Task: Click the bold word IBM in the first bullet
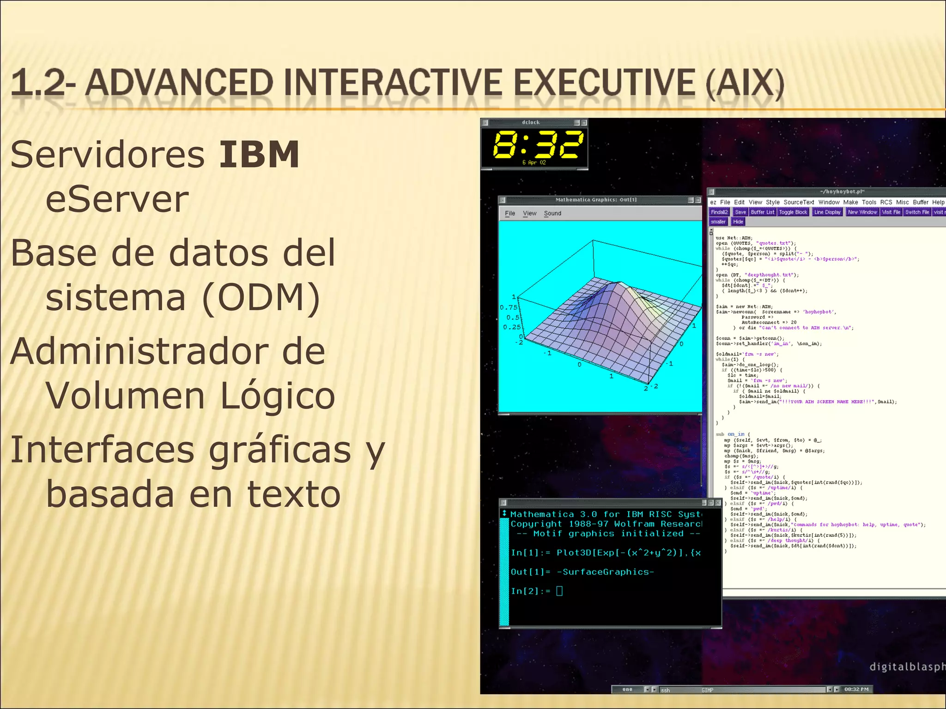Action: [259, 154]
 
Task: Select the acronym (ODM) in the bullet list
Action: [261, 298]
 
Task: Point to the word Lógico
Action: [277, 396]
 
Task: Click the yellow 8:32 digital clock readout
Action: [538, 144]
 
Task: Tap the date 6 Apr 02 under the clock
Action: [534, 162]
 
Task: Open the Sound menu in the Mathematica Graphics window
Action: [552, 213]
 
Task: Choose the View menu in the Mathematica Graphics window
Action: [529, 213]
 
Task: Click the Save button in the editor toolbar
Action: [740, 212]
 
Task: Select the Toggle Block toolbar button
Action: [793, 212]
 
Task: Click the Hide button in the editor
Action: [738, 222]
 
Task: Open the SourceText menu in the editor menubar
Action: [799, 202]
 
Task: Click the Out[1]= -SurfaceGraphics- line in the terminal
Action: [582, 572]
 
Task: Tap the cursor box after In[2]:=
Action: [559, 591]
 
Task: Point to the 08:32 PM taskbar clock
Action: [856, 689]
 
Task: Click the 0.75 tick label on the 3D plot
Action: [509, 307]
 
